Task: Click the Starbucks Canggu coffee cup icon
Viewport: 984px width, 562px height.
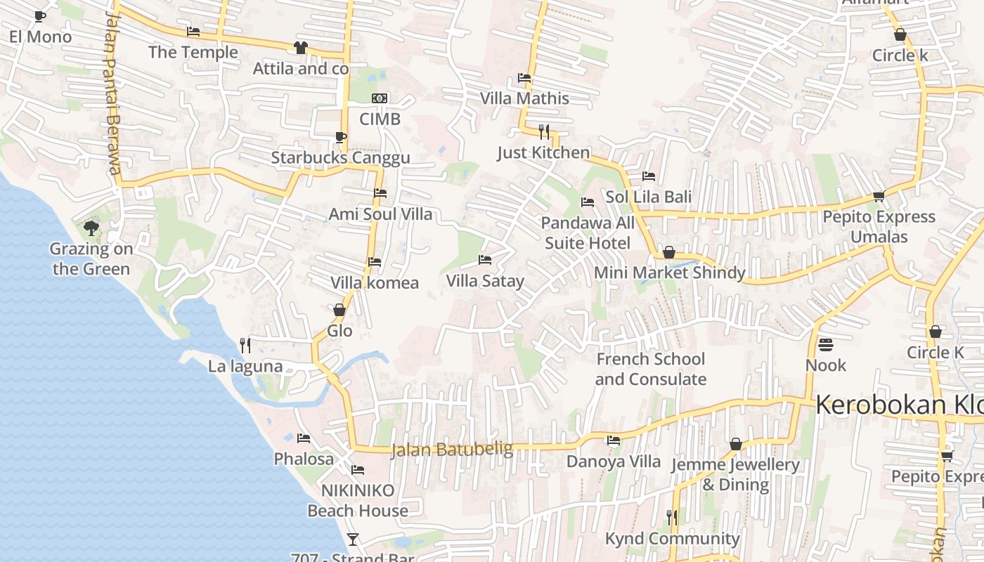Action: (x=340, y=137)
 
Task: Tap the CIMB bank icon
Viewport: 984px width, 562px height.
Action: (x=380, y=98)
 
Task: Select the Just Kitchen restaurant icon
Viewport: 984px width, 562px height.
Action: (x=543, y=131)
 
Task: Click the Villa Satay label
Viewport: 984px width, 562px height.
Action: (x=485, y=281)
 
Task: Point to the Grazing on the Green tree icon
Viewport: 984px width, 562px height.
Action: (x=91, y=228)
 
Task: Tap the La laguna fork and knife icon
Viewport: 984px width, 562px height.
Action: (x=245, y=345)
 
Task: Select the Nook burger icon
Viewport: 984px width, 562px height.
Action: (x=826, y=345)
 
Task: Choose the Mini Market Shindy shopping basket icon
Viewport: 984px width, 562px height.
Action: (x=669, y=251)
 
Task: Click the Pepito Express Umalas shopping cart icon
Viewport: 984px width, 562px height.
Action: (x=879, y=196)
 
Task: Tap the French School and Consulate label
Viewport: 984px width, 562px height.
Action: (x=651, y=369)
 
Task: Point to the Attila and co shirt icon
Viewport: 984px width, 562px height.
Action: (x=301, y=48)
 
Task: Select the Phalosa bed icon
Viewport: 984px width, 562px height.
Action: (x=304, y=438)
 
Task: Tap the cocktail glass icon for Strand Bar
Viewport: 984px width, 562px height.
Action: (x=353, y=540)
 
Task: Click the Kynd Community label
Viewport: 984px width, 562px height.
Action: (x=673, y=539)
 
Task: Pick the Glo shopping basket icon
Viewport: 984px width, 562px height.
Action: (x=339, y=310)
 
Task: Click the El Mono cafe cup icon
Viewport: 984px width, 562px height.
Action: (x=40, y=16)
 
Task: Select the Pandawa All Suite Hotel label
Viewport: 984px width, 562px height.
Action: (x=588, y=233)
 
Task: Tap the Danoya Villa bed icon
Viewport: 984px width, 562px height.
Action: (x=614, y=440)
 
